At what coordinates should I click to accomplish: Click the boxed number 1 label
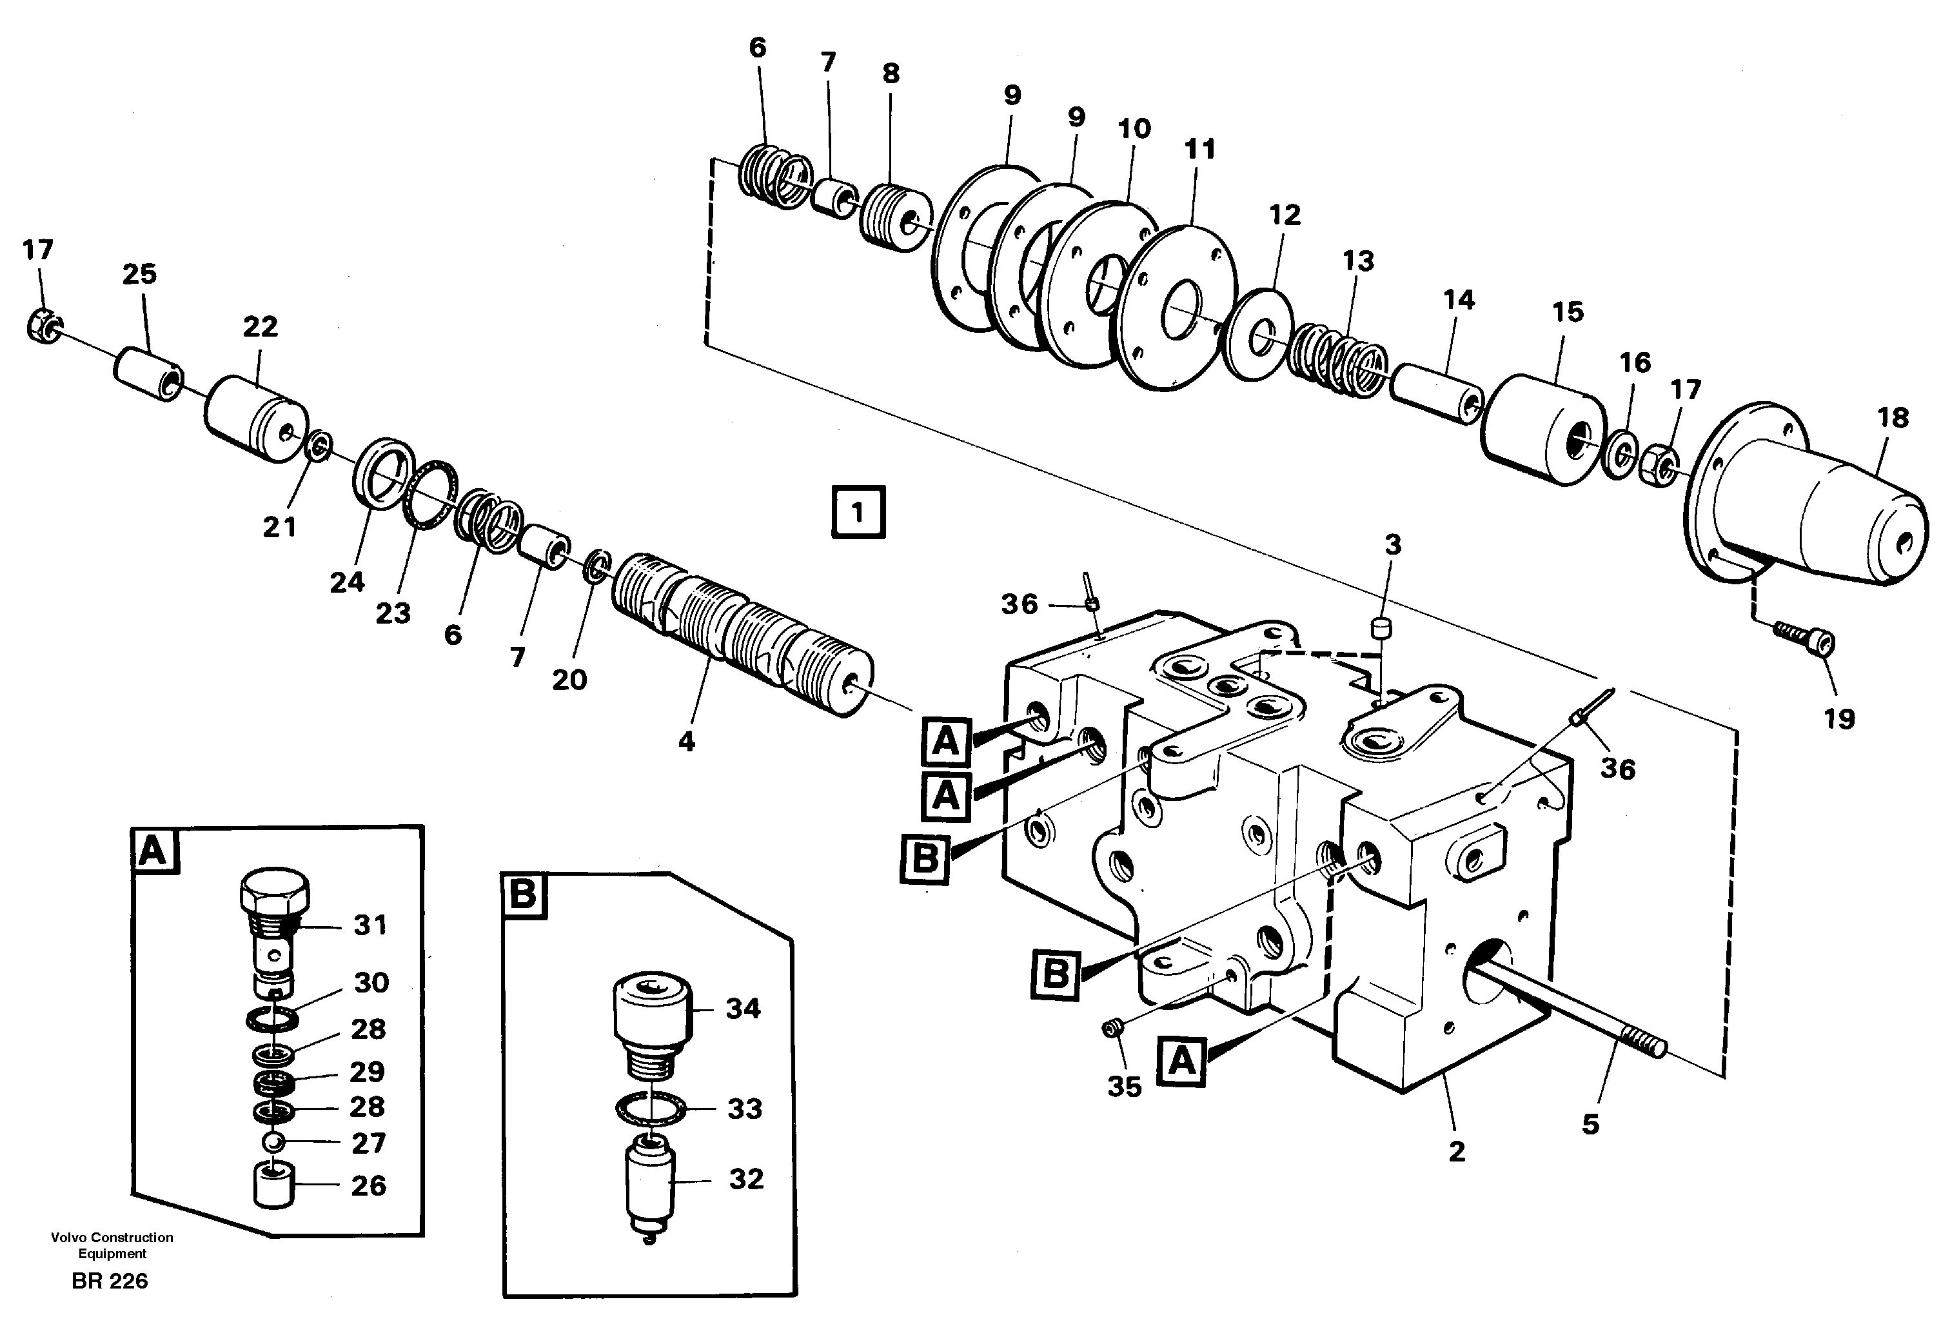point(858,512)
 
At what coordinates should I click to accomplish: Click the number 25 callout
point(139,274)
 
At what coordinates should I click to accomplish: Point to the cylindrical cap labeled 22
point(255,418)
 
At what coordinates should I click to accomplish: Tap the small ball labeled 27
point(275,1142)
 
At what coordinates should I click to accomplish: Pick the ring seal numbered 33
point(651,1109)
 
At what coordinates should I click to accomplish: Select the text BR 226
point(110,1281)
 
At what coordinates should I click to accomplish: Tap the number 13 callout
point(1358,261)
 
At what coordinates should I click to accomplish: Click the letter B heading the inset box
point(524,894)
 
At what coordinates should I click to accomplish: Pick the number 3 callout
point(1392,545)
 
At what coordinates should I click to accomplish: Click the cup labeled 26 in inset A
point(275,1185)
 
